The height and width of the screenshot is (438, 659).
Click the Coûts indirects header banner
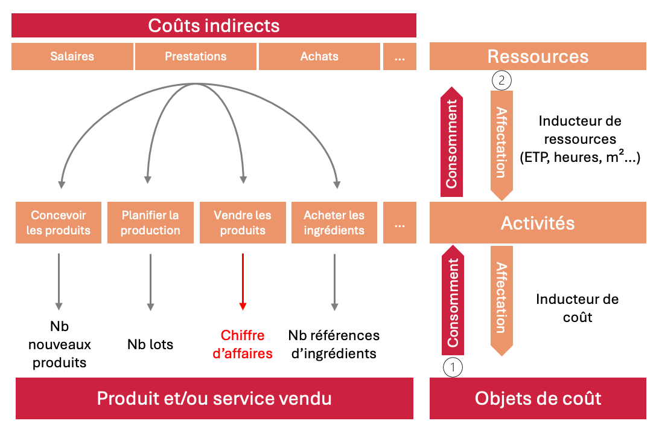point(214,26)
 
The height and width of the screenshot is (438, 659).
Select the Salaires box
point(72,57)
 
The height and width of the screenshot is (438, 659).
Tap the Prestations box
point(196,57)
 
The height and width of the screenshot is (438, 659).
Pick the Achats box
point(319,57)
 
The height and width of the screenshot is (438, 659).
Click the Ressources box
point(538,57)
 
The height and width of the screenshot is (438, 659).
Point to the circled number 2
point(502,80)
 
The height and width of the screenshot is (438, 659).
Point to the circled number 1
point(453,366)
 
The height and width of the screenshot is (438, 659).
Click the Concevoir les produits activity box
point(59,223)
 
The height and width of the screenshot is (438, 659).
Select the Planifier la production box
point(150,223)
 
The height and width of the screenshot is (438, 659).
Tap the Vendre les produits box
point(243,223)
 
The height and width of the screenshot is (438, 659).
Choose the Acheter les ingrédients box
point(334,223)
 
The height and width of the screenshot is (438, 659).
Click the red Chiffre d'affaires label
point(243,344)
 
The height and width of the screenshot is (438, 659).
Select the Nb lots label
point(150,345)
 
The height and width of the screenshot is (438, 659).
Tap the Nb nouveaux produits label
point(59,345)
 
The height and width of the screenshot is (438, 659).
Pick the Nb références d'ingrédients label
point(334,344)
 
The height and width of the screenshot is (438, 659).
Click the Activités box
point(538,223)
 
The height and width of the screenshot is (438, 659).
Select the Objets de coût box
point(538,399)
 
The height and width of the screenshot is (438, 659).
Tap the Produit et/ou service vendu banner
point(214,399)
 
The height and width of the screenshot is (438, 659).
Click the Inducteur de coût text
point(577,308)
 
